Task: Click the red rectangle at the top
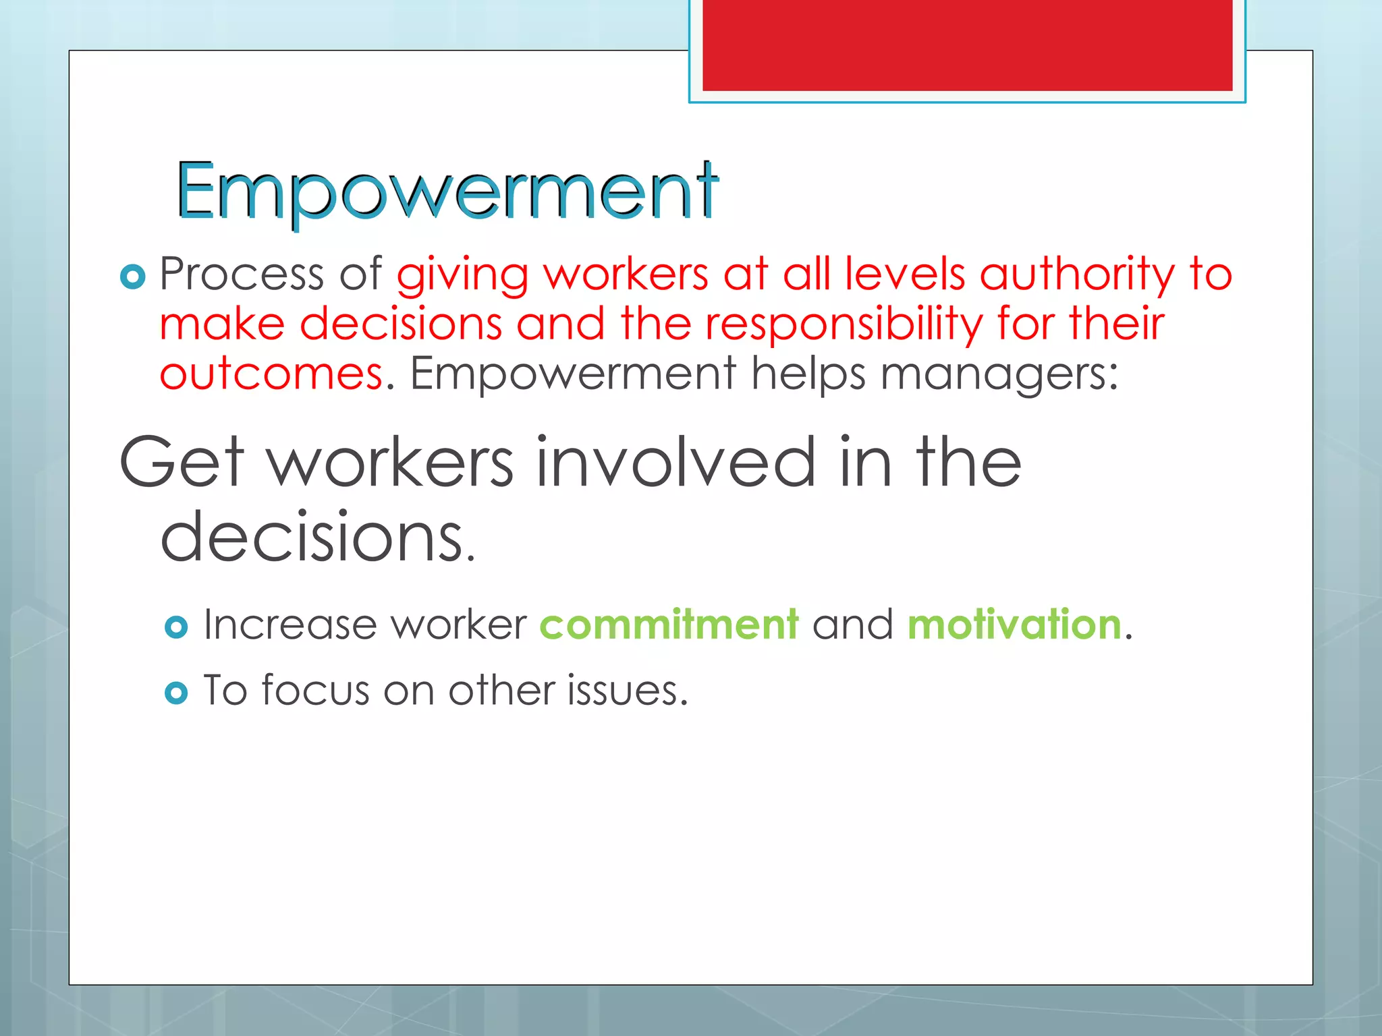[967, 45]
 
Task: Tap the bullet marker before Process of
[132, 276]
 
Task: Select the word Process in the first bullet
[242, 275]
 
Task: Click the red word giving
[462, 276]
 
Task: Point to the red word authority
[1077, 276]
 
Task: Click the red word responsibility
[844, 325]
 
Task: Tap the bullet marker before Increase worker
[176, 627]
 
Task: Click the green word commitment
[669, 625]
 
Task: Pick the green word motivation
[1014, 625]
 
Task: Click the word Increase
[290, 625]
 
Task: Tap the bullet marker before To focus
[176, 693]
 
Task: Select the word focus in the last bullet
[316, 691]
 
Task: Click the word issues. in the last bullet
[627, 691]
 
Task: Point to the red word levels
[905, 275]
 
